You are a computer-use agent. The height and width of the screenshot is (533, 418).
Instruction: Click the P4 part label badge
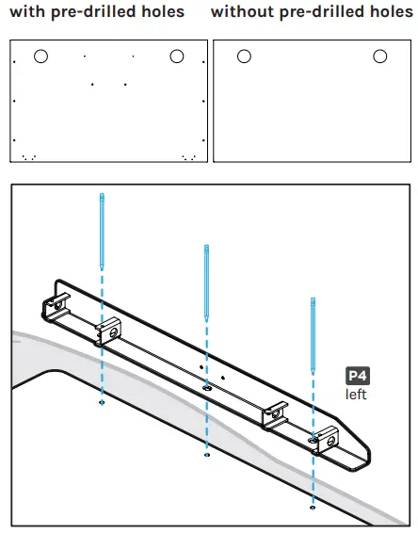tap(357, 376)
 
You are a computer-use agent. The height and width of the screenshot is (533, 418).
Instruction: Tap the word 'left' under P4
tap(356, 394)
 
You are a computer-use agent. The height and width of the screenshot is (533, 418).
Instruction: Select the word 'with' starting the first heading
tap(25, 12)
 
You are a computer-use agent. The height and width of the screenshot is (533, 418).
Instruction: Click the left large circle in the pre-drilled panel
tap(40, 57)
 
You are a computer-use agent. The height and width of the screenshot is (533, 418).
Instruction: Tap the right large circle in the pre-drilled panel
tap(176, 57)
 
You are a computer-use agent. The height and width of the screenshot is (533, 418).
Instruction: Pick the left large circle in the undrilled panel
tap(244, 57)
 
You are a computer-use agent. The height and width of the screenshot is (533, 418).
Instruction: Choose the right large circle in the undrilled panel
tap(379, 57)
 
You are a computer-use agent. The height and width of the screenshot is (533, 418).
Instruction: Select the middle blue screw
tap(206, 283)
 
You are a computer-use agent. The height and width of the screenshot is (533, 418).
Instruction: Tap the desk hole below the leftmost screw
tap(102, 402)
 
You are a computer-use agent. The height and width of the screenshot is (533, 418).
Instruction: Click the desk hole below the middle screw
tap(206, 455)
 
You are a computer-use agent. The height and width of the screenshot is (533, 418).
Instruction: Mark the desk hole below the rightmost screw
tap(312, 508)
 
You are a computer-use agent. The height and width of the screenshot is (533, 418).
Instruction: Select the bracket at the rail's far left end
tap(55, 307)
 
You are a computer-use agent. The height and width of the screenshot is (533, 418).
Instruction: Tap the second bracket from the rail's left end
tap(108, 331)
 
